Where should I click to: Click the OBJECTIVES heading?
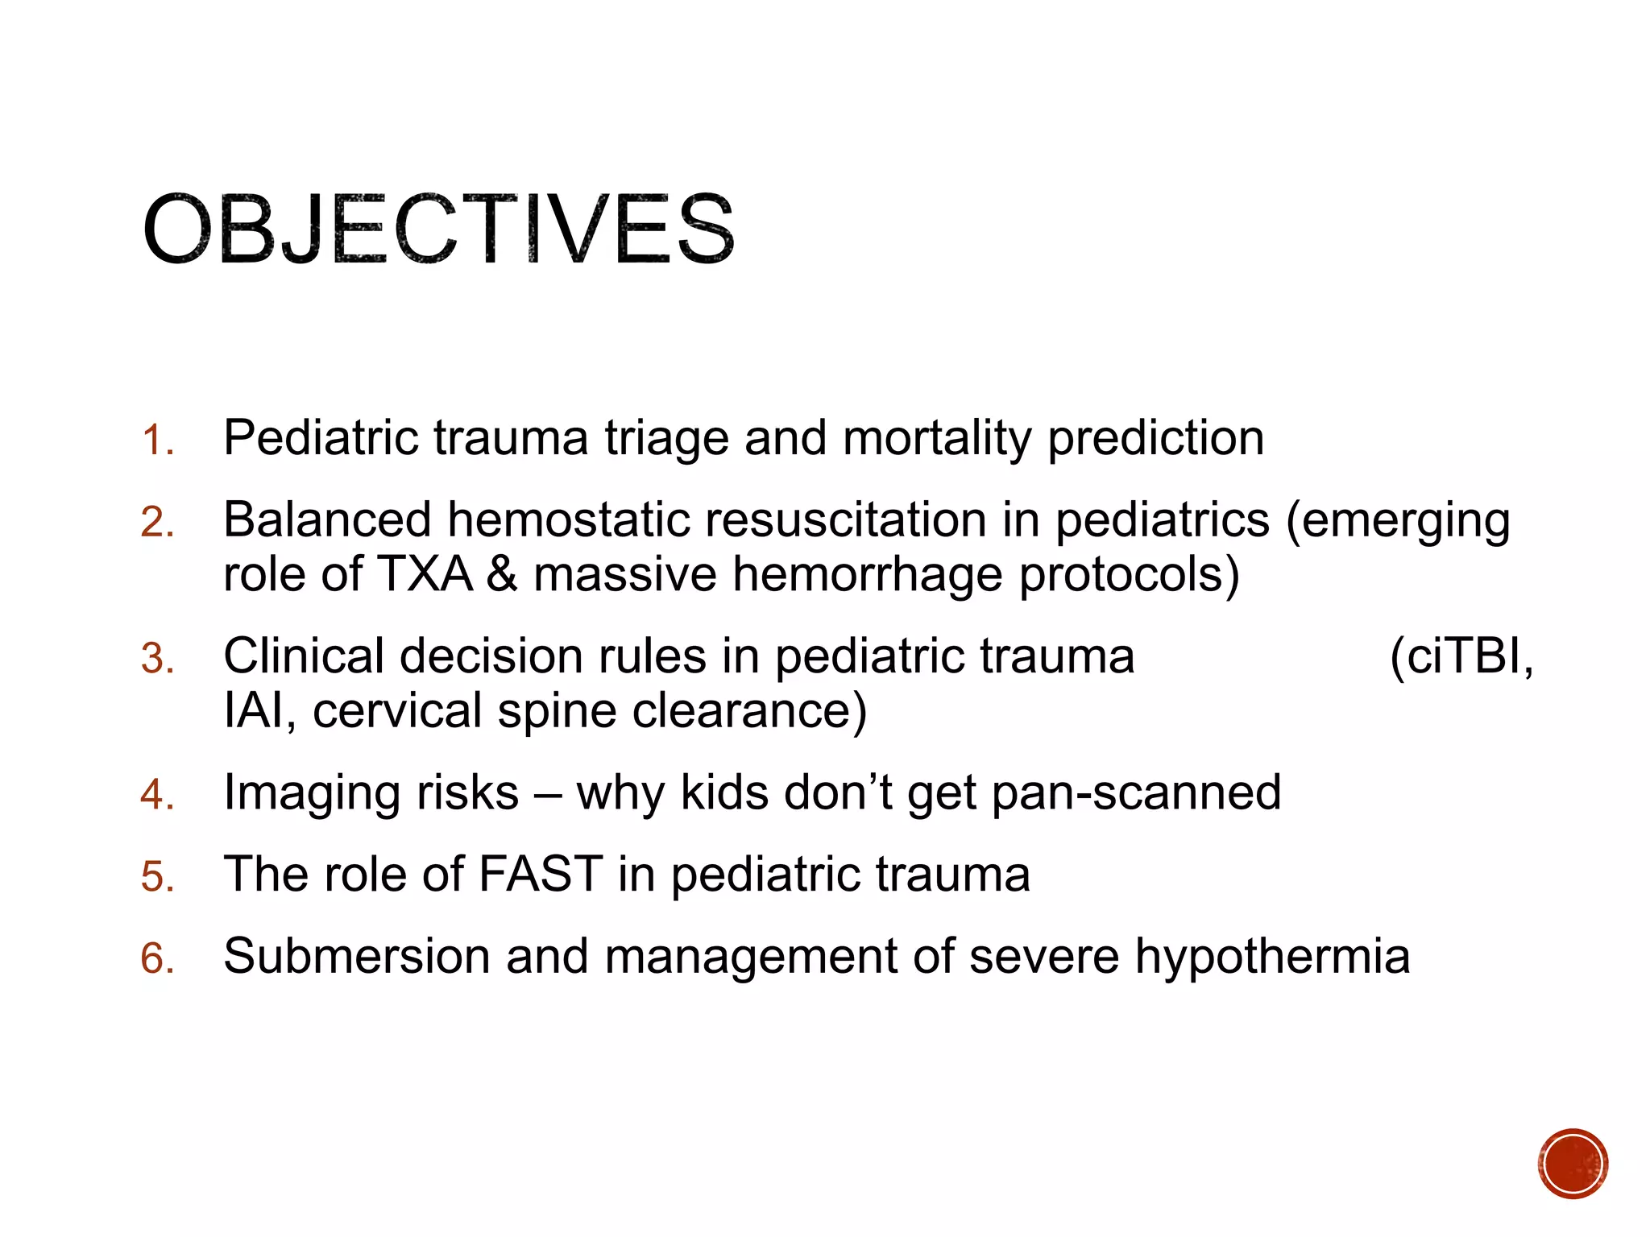(439, 230)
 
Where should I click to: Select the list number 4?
(156, 795)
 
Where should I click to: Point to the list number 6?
(156, 958)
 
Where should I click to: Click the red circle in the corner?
(1572, 1164)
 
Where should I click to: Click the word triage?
(665, 439)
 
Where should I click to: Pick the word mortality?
(936, 439)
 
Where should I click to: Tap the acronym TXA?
(424, 575)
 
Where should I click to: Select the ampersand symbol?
(502, 575)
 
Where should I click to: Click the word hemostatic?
(568, 520)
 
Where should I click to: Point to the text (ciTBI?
(1461, 656)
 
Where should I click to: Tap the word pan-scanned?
(1136, 793)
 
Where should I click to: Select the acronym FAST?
(540, 875)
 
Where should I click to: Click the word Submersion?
(356, 957)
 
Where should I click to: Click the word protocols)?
(1129, 575)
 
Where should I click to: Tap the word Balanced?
(326, 520)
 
